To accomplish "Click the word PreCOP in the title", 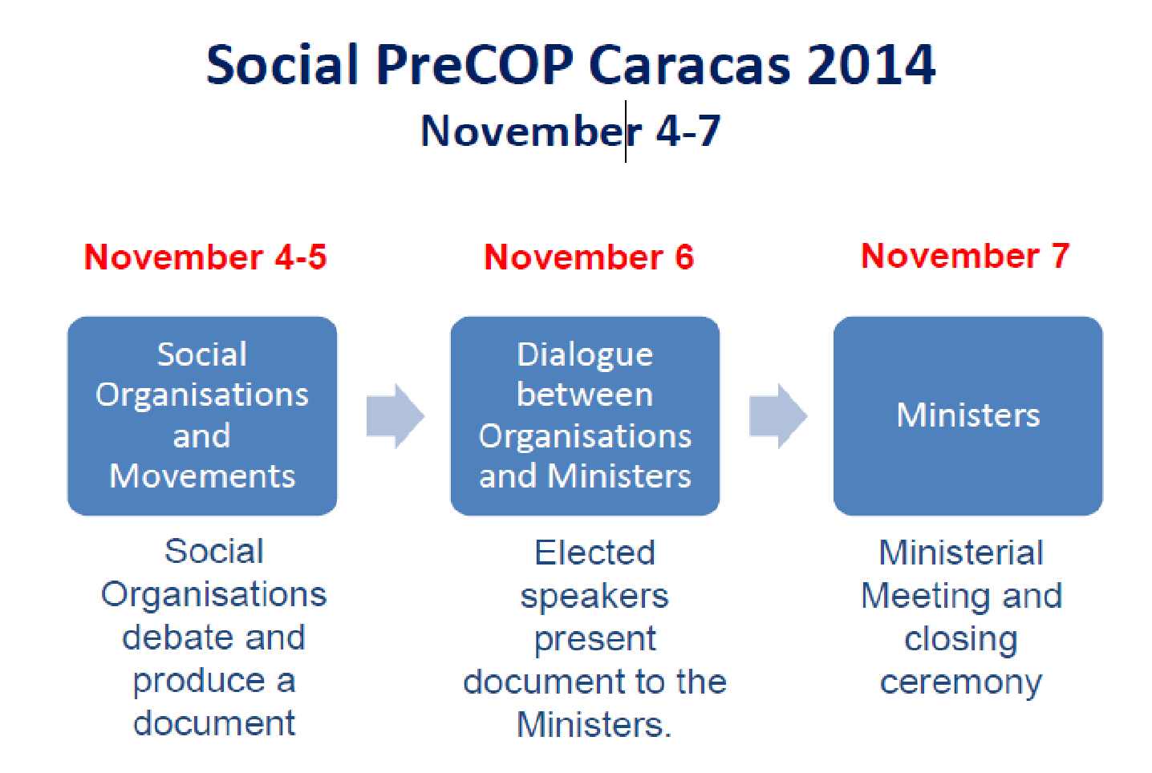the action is tap(475, 65).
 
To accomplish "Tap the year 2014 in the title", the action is tap(871, 65).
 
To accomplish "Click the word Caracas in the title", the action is tap(690, 65).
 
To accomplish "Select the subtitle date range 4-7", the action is tap(688, 131).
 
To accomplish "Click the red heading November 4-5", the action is tap(205, 257).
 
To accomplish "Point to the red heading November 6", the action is tap(589, 257).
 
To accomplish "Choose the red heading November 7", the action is tap(965, 256).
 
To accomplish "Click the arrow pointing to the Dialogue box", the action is tap(395, 416).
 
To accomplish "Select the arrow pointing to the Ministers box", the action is tap(778, 416).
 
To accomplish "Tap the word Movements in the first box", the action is tap(202, 476).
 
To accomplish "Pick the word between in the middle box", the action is tap(585, 395).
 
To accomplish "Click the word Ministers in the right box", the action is tap(967, 415).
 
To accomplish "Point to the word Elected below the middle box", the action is tap(594, 553).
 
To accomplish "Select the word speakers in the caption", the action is tap(594, 597).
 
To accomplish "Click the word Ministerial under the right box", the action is tap(961, 553).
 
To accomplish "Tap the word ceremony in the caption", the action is tap(961, 683).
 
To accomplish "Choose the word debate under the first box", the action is tap(175, 637).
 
